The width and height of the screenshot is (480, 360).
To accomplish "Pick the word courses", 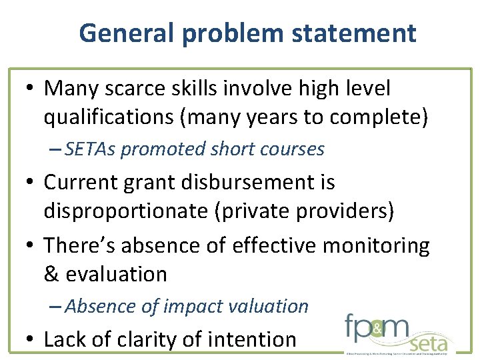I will [x=295, y=149].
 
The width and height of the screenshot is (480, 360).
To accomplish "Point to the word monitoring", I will [x=376, y=245].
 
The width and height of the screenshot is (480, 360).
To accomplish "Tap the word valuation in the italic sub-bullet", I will [x=271, y=307].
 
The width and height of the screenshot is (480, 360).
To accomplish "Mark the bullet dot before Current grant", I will [x=31, y=183].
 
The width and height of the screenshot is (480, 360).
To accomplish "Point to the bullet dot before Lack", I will [x=31, y=340].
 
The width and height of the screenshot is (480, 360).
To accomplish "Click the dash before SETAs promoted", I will [x=56, y=149].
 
